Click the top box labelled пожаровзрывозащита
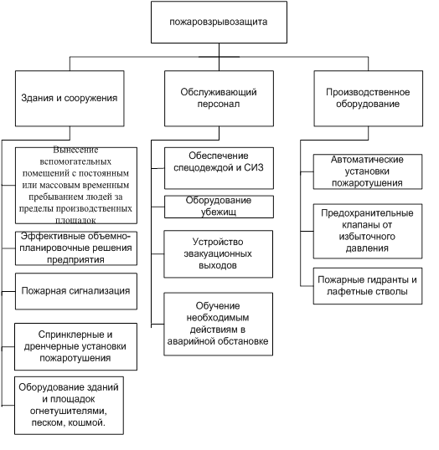click(x=219, y=22)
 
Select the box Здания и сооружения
click(x=70, y=99)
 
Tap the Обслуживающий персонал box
click(x=219, y=99)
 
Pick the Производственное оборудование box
click(x=369, y=99)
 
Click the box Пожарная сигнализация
click(x=76, y=291)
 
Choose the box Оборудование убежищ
click(x=219, y=207)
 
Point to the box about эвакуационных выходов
click(x=218, y=254)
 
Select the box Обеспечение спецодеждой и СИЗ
click(x=219, y=168)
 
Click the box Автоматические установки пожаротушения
click(x=368, y=171)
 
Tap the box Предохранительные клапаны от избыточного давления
click(x=368, y=232)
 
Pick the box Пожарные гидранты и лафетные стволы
click(x=368, y=286)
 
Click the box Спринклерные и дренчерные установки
click(x=75, y=346)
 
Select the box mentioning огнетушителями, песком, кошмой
click(x=69, y=406)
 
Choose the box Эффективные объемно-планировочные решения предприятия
click(x=76, y=248)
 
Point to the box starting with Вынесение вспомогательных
click(x=76, y=186)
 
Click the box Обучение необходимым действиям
click(x=218, y=325)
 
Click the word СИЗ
click(x=254, y=167)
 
